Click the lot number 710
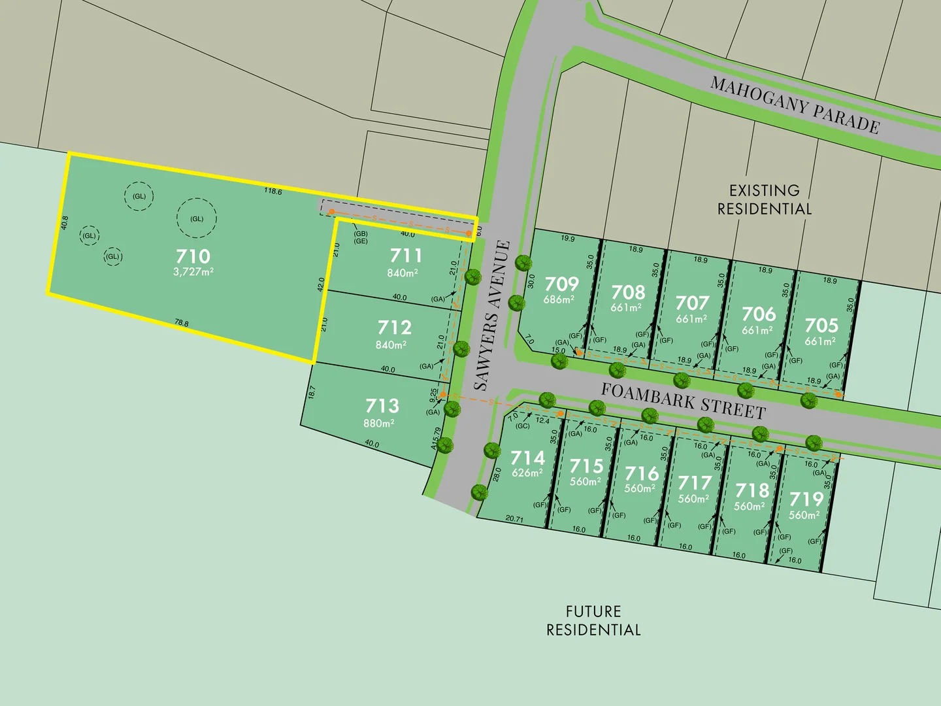[193, 256]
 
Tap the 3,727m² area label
[193, 271]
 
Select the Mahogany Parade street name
[795, 105]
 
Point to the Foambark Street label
[683, 400]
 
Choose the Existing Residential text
[765, 199]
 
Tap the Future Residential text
[593, 620]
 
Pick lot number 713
[382, 405]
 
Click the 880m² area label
[379, 423]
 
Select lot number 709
[562, 284]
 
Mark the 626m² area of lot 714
[527, 473]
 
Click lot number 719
[806, 499]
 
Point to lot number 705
[821, 325]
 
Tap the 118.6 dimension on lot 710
[273, 192]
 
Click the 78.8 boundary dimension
[182, 323]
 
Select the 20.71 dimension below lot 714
[514, 519]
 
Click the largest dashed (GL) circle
[196, 219]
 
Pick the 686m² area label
[559, 299]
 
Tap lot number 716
[642, 473]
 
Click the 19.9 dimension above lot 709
[568, 239]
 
